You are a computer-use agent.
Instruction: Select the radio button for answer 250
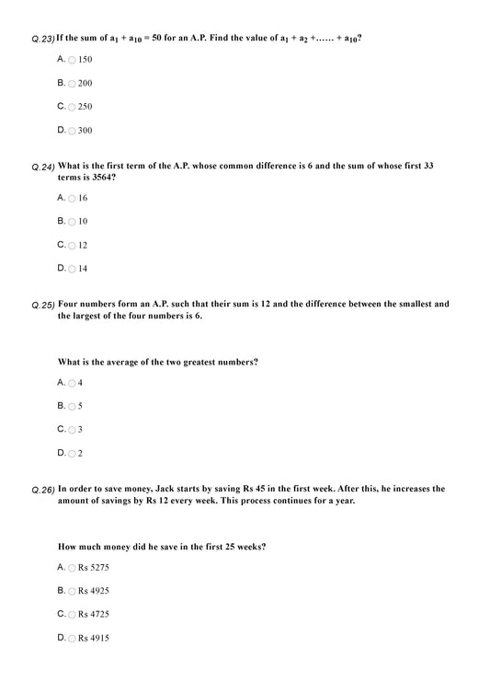[73, 107]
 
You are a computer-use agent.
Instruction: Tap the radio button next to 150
[73, 60]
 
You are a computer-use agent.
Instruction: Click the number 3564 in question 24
[102, 177]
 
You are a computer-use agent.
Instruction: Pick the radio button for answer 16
[73, 199]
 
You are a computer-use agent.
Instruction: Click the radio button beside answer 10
[73, 222]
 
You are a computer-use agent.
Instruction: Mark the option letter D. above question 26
[62, 453]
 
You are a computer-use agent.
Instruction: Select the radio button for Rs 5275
[73, 568]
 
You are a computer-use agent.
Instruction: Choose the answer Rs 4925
[93, 591]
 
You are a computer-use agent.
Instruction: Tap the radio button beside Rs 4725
[73, 614]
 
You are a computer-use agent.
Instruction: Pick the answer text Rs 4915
[93, 638]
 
